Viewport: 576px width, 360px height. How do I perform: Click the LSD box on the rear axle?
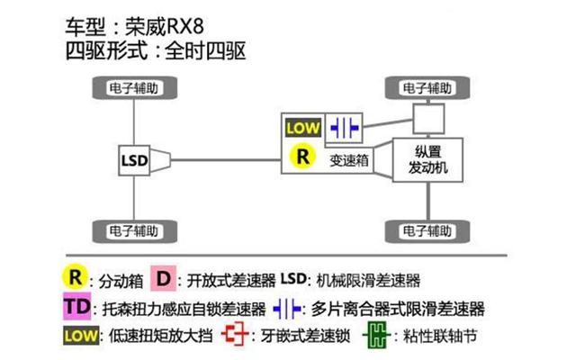tap(134, 160)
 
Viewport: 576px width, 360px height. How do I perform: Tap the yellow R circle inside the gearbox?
tap(302, 156)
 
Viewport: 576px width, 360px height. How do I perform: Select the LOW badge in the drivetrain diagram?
tap(303, 128)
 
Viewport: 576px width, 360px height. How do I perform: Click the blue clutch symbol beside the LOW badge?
tap(344, 128)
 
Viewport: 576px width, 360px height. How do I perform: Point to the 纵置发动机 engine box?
tap(427, 160)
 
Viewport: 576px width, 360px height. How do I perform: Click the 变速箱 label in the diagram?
tap(348, 160)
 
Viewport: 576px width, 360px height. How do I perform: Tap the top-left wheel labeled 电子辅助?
tap(134, 88)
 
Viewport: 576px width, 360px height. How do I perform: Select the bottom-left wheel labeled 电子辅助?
tap(134, 231)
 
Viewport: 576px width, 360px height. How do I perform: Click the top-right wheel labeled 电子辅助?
tap(427, 88)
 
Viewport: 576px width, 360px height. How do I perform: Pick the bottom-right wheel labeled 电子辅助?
tap(427, 231)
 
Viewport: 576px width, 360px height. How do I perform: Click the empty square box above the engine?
tap(428, 118)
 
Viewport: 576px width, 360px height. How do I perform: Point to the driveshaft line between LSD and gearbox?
tap(226, 160)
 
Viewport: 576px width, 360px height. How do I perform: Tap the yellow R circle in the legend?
tap(76, 277)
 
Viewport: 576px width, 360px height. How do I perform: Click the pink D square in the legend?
tap(164, 279)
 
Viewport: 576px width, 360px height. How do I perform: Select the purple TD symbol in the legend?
tap(76, 306)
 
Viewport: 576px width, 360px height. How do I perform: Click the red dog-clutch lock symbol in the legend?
tap(235, 334)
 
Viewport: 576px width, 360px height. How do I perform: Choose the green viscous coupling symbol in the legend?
tap(377, 335)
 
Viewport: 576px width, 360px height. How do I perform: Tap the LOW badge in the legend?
tap(81, 336)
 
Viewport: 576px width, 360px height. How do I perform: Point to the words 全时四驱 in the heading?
tap(205, 50)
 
